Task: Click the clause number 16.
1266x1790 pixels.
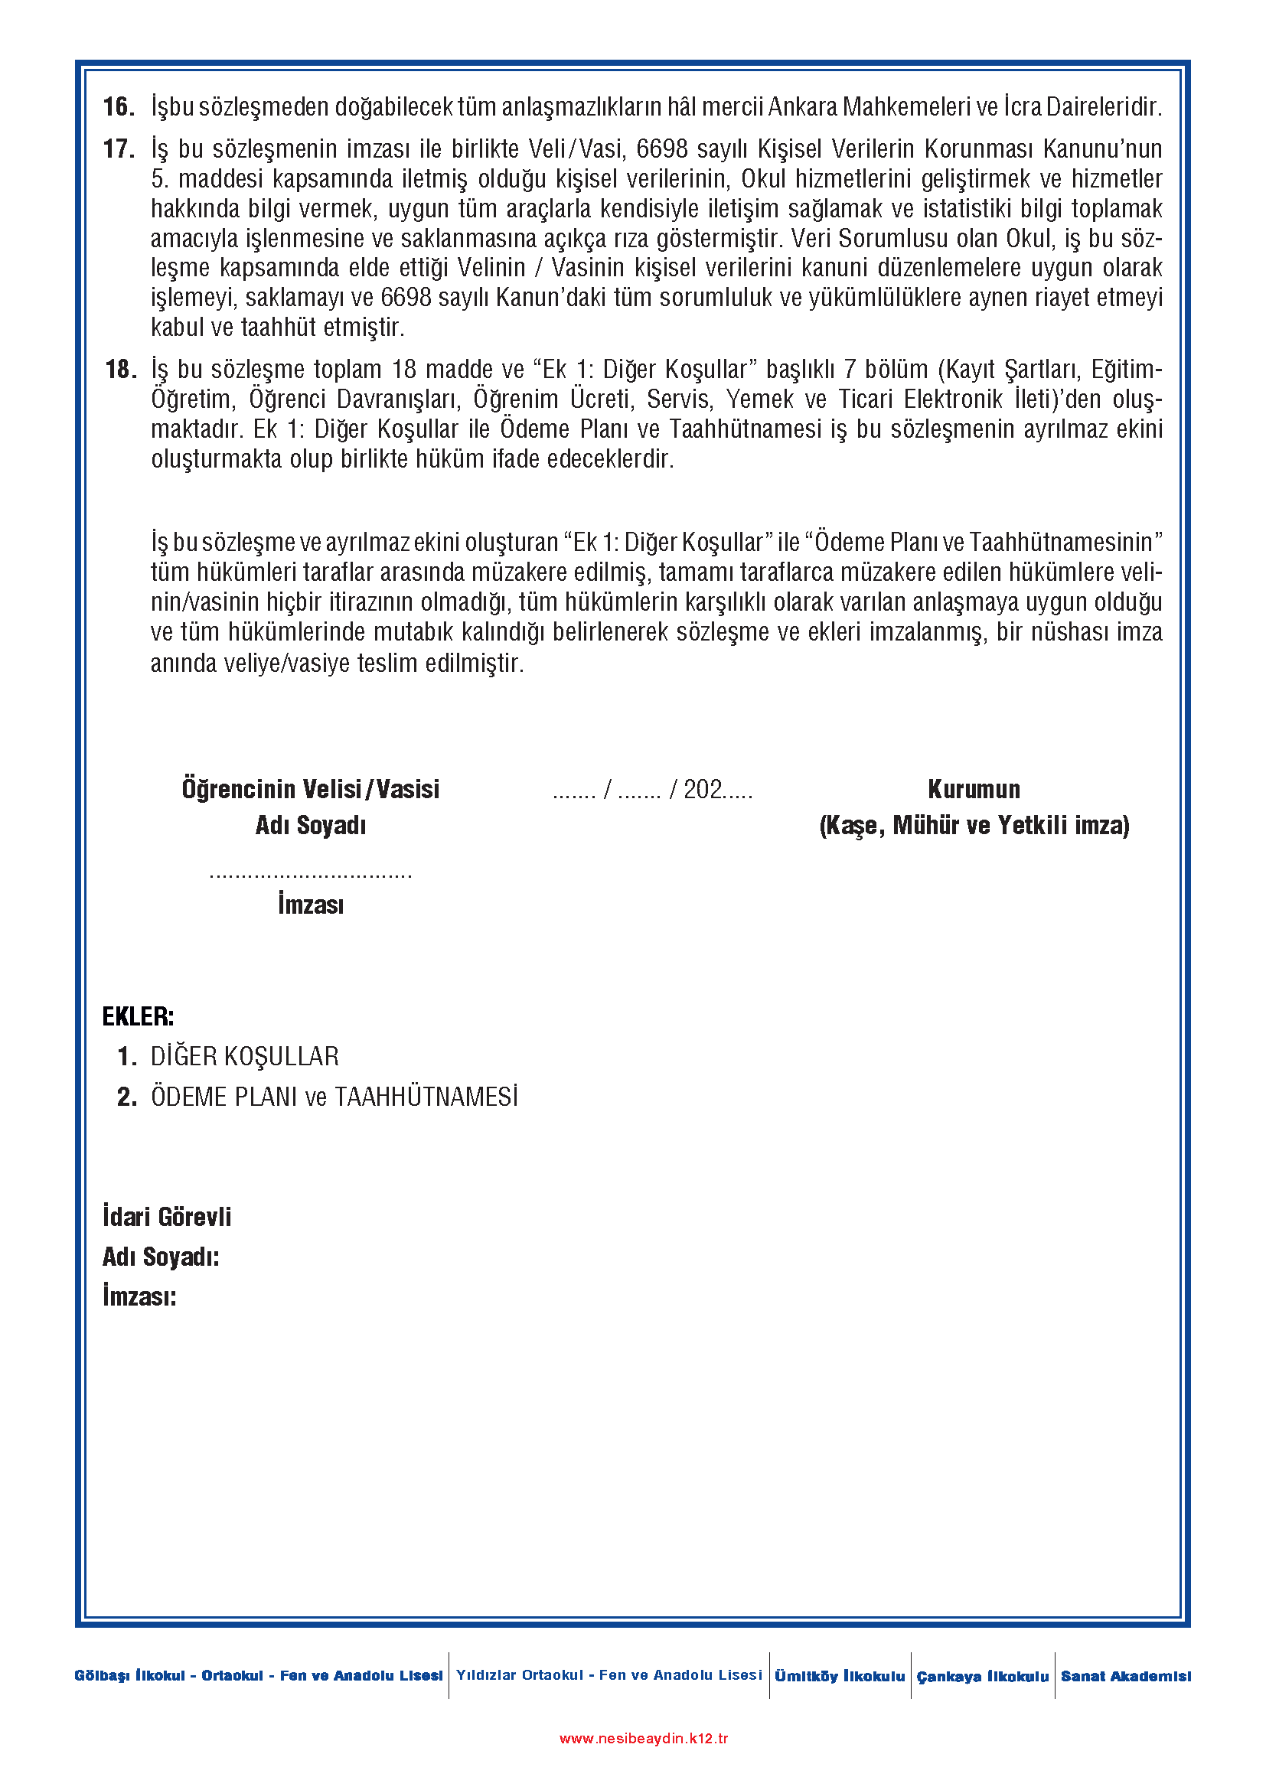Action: (x=119, y=107)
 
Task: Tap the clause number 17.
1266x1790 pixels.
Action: (x=119, y=149)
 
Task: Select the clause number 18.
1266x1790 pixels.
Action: (x=120, y=370)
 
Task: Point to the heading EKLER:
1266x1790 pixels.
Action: (x=138, y=1016)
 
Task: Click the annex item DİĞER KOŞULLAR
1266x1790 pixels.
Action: (x=245, y=1056)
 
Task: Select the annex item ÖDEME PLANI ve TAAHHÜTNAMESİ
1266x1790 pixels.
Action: (x=334, y=1097)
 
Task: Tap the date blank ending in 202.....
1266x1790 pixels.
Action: (x=652, y=790)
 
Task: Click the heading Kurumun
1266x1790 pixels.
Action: (x=974, y=790)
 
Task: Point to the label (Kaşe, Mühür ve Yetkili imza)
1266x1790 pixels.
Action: (x=974, y=826)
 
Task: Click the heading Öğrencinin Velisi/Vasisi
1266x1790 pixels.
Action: (x=310, y=790)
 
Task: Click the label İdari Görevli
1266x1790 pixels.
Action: (x=167, y=1217)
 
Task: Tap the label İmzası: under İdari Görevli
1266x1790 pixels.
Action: (x=139, y=1296)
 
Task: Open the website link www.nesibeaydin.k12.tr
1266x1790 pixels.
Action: (x=644, y=1739)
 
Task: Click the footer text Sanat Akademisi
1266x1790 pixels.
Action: (x=1126, y=1676)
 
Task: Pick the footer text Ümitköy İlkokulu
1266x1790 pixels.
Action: (x=840, y=1676)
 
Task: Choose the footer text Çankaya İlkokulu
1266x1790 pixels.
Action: (x=982, y=1676)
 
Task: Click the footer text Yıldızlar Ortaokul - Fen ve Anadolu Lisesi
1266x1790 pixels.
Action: (x=609, y=1675)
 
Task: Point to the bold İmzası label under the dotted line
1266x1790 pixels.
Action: (x=310, y=905)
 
